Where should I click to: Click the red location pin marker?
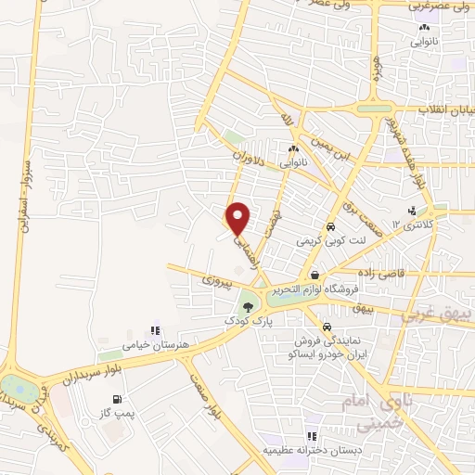239,218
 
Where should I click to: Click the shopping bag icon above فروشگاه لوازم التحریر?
315,275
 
